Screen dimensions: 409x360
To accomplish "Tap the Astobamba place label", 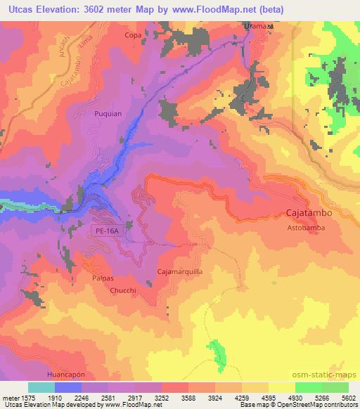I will point(305,228).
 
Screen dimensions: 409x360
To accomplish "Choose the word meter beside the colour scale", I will point(9,398).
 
